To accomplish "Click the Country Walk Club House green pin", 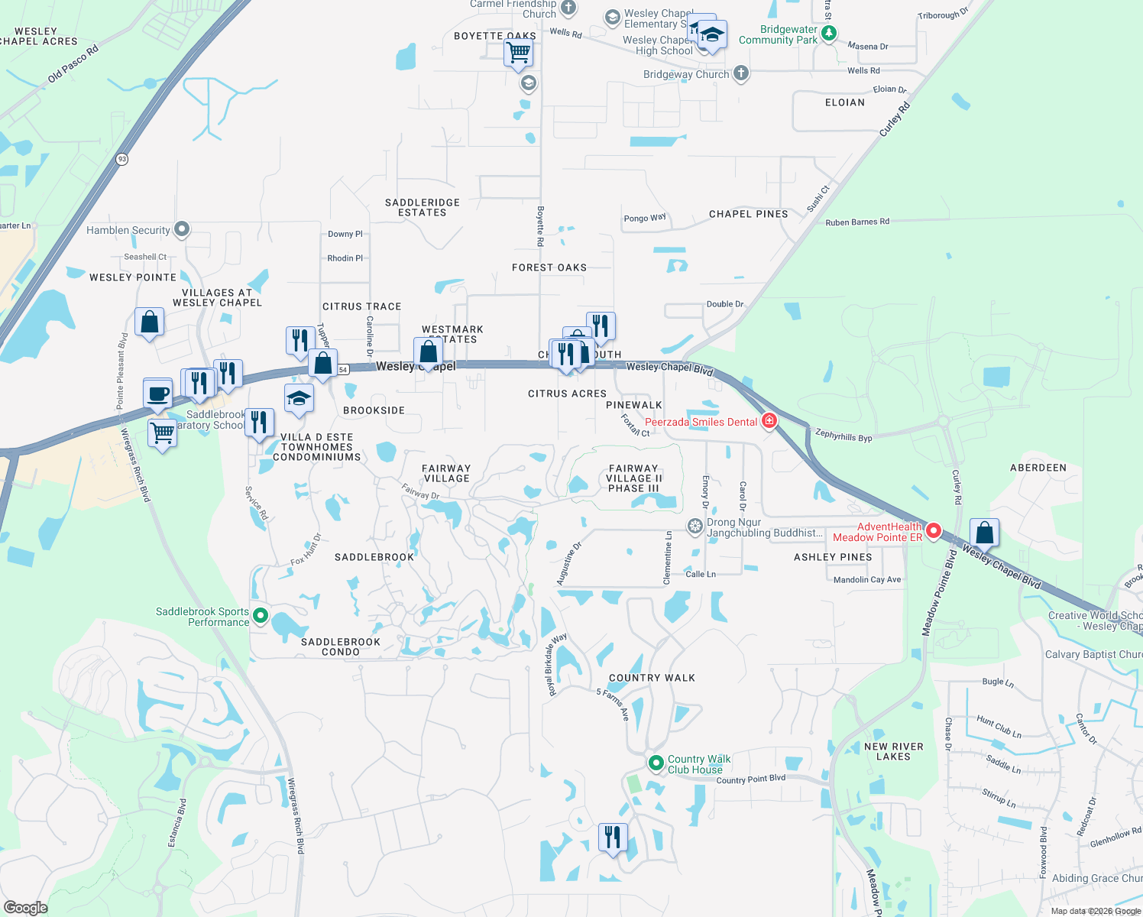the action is [656, 763].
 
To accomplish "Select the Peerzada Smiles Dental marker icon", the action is [769, 421].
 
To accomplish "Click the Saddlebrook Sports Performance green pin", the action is [261, 616].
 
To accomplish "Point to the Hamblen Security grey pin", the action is [182, 229].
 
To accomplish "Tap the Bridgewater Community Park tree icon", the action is [829, 34].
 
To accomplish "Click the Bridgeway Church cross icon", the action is [740, 73].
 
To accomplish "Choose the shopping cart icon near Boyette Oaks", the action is [518, 53].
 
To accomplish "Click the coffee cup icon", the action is [157, 394].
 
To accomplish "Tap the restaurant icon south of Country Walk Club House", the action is [612, 838].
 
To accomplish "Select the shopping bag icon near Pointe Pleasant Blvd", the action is [150, 322].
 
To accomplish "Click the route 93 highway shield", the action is [122, 159].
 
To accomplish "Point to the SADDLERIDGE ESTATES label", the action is [422, 208].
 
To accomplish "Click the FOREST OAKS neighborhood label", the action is [549, 267].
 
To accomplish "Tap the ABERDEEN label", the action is [1038, 468].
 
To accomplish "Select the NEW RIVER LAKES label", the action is [893, 752].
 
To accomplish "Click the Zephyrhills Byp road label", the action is [843, 436].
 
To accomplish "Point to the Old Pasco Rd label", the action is [73, 64].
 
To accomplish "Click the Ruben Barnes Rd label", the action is [857, 222].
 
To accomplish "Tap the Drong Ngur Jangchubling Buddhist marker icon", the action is [695, 526].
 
